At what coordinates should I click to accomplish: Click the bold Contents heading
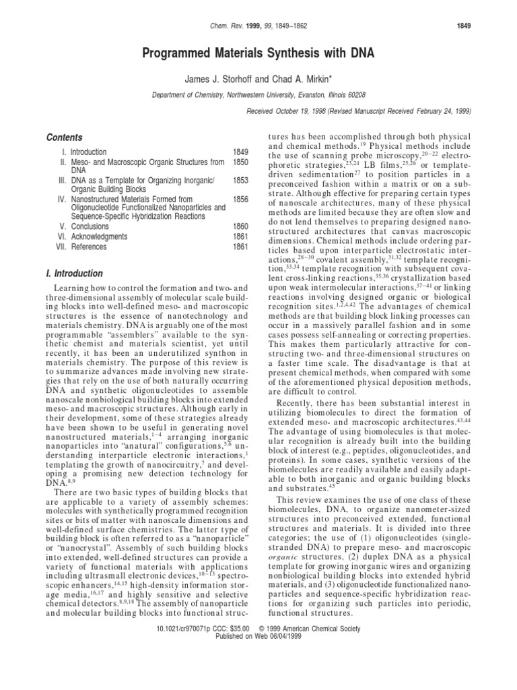pos(65,137)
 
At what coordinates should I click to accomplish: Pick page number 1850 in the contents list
pos(241,162)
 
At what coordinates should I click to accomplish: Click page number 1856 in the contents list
pos(241,199)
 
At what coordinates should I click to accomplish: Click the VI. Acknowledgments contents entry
pos(92,237)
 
